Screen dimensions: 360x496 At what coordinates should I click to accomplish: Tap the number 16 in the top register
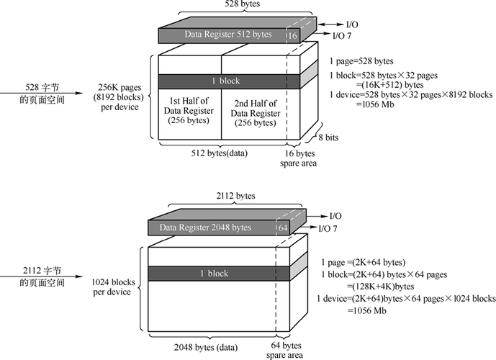point(292,34)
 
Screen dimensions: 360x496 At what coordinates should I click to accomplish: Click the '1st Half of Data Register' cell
point(189,111)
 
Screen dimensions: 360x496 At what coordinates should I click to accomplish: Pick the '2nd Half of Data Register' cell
point(253,111)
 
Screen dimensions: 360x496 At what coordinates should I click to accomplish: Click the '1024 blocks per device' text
point(112,287)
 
